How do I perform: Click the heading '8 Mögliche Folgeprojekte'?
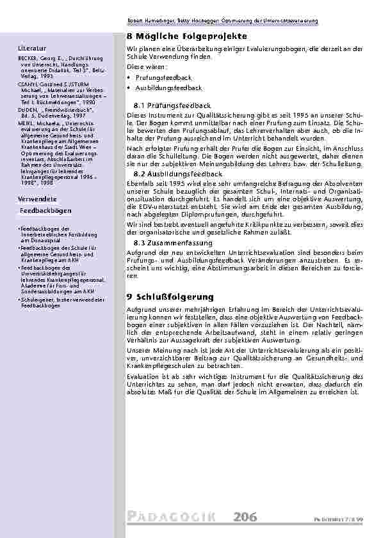pyautogui.click(x=172, y=38)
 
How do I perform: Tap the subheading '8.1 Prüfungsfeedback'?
pyautogui.click(x=172, y=104)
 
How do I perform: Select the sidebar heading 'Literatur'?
pyautogui.click(x=32, y=48)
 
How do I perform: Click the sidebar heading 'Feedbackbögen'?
pyautogui.click(x=39, y=210)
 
